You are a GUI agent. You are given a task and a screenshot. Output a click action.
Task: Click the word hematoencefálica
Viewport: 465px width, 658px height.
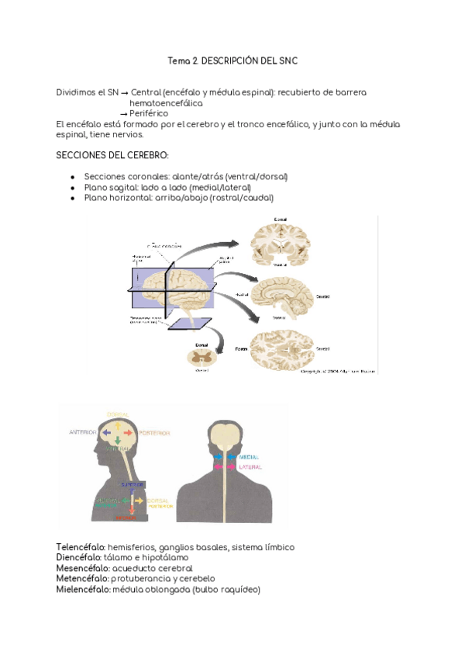(166, 102)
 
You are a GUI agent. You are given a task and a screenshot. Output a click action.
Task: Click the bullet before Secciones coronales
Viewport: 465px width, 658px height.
(72, 177)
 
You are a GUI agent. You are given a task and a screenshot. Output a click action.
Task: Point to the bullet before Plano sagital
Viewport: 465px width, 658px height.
(72, 188)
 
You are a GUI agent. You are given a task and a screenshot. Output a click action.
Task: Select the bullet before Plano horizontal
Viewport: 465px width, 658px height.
(72, 198)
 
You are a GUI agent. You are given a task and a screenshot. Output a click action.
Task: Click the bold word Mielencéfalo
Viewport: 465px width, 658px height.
(80, 590)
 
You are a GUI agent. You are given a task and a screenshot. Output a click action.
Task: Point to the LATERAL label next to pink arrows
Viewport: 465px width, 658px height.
(250, 468)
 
